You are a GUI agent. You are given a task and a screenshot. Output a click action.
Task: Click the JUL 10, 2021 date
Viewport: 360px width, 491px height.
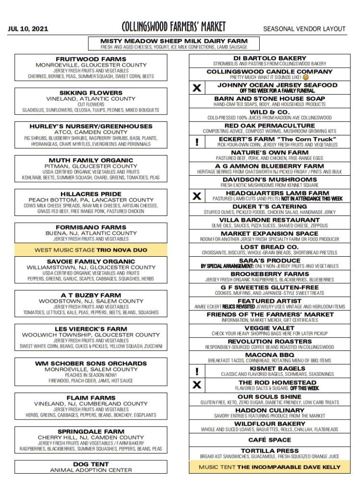coord(28,29)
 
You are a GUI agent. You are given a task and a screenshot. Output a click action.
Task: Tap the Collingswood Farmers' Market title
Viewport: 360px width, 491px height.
coord(173,27)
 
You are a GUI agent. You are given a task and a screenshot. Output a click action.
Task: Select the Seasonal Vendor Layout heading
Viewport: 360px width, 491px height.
coord(304,29)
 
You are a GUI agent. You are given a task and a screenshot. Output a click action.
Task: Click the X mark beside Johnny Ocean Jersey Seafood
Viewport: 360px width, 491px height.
coord(196,88)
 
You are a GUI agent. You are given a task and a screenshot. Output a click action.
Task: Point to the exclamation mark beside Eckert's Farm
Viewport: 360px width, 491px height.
coord(196,142)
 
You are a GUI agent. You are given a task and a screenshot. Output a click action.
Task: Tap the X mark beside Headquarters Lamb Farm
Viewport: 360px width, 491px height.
coord(196,196)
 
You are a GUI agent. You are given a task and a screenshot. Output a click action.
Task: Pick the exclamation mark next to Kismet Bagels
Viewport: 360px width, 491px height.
coord(196,371)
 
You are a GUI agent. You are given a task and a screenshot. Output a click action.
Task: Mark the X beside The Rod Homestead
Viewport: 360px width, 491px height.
coord(196,385)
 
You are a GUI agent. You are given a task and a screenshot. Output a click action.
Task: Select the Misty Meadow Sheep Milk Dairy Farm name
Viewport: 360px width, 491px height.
coord(174,41)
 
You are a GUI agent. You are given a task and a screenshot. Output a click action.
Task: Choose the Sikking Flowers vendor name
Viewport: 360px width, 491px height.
coord(91,93)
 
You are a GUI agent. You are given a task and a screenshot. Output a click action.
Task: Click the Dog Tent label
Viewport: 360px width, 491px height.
coord(91,464)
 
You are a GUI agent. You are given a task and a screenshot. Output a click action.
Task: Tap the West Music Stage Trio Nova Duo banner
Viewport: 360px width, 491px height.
coord(91,250)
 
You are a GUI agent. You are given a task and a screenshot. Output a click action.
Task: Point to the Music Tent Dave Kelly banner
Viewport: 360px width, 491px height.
coord(269,467)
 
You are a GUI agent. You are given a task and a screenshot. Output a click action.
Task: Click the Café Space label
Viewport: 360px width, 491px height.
coord(269,440)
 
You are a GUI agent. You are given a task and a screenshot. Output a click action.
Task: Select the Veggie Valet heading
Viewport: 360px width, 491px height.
coord(269,328)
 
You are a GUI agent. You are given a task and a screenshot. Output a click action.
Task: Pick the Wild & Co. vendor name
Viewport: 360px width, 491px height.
coord(269,112)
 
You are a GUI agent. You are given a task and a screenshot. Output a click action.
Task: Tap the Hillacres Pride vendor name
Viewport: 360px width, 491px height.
coord(91,194)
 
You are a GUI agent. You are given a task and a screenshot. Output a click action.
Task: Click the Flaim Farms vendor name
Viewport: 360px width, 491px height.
coord(91,398)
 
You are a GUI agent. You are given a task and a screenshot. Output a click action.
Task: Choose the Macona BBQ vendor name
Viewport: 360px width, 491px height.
coord(269,355)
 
